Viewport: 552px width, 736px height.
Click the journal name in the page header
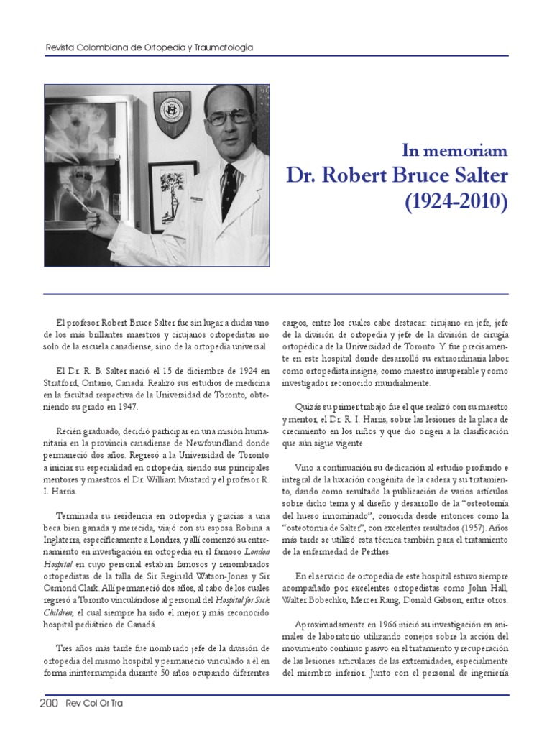pos(149,47)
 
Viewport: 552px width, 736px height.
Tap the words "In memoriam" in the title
pos(454,151)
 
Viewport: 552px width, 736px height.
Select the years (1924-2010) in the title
pos(454,202)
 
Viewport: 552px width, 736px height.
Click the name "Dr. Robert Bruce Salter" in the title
pos(397,175)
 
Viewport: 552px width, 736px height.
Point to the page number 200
pos(48,704)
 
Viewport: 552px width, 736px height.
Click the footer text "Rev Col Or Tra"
pos(93,704)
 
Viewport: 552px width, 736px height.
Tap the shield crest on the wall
pos(172,113)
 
